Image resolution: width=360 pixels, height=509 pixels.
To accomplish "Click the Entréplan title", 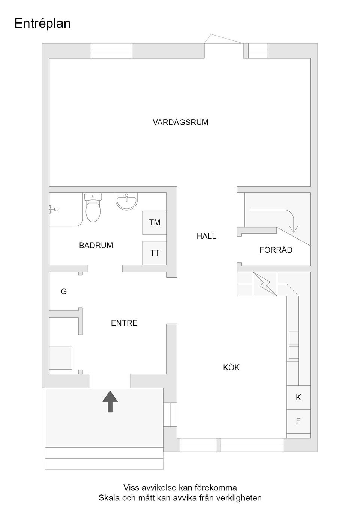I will click(x=42, y=24).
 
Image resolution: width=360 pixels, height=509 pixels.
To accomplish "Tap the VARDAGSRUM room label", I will click(x=180, y=122).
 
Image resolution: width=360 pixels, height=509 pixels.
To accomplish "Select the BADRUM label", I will click(x=96, y=245).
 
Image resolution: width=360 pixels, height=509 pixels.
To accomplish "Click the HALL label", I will click(x=206, y=236).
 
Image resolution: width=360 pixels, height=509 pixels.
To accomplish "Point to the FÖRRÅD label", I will click(x=276, y=250).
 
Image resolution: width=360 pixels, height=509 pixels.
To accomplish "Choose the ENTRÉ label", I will click(x=124, y=323).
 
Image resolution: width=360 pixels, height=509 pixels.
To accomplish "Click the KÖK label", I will click(x=231, y=367).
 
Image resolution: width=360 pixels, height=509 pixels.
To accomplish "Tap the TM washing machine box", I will click(x=154, y=223).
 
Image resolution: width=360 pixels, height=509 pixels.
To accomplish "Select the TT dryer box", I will click(x=154, y=253).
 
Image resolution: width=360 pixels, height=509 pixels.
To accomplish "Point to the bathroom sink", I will click(x=127, y=201).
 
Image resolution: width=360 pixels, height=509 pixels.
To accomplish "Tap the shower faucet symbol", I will click(x=53, y=210).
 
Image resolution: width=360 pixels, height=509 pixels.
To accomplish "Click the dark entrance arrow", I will click(x=110, y=401).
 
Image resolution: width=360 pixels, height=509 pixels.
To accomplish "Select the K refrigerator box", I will click(x=298, y=397).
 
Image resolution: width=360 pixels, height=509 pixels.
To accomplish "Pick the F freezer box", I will click(x=298, y=421).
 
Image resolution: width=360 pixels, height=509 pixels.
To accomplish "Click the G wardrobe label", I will click(x=64, y=292).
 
